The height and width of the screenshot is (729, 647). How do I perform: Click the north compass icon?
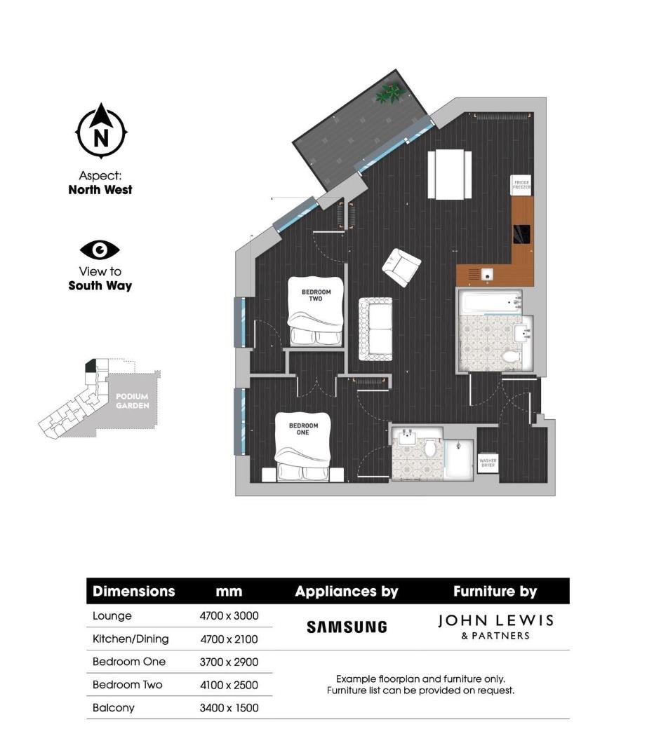101,131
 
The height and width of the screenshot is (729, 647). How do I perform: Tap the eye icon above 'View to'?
100,250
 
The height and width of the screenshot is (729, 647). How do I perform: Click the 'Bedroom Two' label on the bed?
316,294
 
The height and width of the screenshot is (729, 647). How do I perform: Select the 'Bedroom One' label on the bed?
303,428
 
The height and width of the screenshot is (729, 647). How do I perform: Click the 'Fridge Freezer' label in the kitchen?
522,185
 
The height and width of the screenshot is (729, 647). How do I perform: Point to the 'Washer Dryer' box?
488,463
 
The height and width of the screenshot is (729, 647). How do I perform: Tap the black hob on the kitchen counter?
523,233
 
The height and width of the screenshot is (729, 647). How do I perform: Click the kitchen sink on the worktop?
485,274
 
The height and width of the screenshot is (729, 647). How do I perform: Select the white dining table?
450,174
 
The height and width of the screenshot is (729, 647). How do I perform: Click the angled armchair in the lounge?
401,267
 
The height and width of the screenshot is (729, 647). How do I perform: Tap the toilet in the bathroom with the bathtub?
512,357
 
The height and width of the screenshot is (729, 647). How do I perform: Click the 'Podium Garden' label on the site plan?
132,401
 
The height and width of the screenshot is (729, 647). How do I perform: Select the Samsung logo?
347,627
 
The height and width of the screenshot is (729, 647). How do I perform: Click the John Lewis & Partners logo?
495,626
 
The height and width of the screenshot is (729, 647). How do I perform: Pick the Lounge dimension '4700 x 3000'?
229,616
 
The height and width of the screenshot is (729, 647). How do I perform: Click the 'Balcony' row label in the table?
114,708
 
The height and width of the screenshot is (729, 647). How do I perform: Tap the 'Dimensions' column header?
133,591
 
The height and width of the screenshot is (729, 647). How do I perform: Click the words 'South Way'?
100,286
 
